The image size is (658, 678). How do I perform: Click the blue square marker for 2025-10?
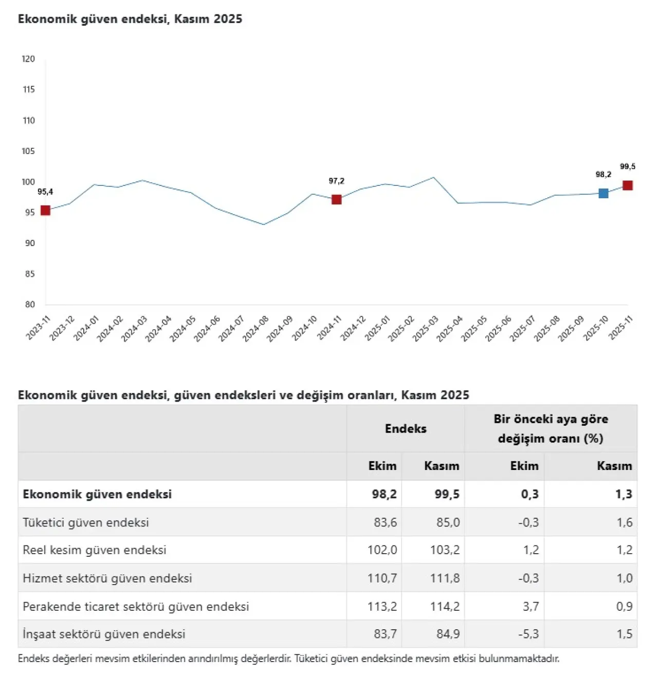[604, 193]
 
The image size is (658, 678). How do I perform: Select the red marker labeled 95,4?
[45, 210]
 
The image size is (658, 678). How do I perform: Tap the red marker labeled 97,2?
[337, 199]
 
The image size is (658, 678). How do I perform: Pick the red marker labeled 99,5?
[628, 185]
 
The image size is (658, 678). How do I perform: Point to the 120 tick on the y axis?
[28, 59]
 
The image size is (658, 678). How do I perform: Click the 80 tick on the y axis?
[30, 305]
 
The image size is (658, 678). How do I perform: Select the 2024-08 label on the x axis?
[256, 329]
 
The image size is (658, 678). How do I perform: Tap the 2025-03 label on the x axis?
[426, 329]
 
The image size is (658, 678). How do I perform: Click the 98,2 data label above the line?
[604, 175]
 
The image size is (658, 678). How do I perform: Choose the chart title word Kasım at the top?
[192, 19]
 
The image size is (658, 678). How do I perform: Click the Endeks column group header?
[406, 429]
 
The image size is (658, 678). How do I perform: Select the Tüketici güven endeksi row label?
[86, 522]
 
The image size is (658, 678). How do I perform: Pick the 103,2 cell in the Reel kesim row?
[445, 550]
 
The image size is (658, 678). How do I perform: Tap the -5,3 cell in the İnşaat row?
[528, 634]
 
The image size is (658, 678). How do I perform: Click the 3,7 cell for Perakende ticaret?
[531, 607]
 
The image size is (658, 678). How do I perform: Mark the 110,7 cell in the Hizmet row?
[382, 578]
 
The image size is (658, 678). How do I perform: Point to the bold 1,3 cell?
[624, 495]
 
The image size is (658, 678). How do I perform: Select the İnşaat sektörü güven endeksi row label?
[104, 634]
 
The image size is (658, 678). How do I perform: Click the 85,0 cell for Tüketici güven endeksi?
[448, 522]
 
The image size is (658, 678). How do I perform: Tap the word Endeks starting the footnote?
[34, 659]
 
